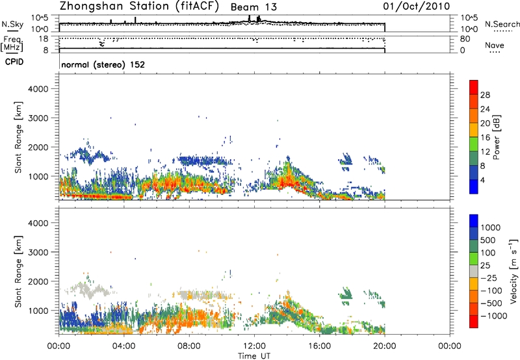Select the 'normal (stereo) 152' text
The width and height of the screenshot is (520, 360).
point(102,65)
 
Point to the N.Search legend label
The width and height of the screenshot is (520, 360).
point(502,24)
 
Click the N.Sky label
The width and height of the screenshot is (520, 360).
point(10,24)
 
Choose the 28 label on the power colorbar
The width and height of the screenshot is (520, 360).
point(485,94)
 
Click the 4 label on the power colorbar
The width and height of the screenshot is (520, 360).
point(482,180)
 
